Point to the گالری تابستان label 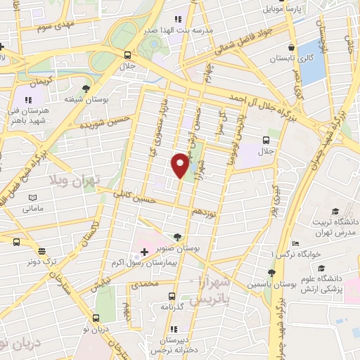pyautogui.click(x=287, y=59)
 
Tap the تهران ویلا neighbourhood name pyautogui.click(x=75, y=180)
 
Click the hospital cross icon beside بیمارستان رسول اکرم pyautogui.click(x=144, y=252)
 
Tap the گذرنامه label pyautogui.click(x=171, y=307)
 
